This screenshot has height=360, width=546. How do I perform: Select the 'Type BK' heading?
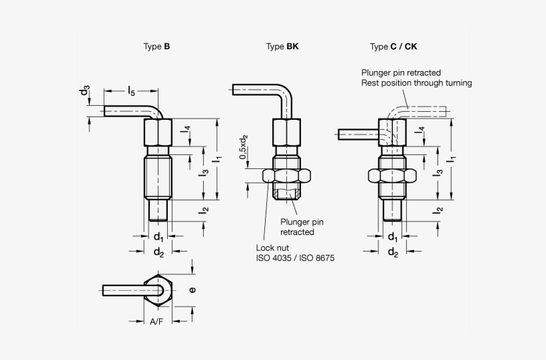point(282,47)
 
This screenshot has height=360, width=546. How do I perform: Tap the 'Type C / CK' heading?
point(394,47)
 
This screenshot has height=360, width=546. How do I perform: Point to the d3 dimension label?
point(85,92)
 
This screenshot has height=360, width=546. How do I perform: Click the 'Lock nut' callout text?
point(270,247)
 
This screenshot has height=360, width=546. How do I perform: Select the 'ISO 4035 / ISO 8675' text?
point(293,257)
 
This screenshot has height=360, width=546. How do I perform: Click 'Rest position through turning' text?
point(416,83)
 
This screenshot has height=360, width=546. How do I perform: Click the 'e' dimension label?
point(193,289)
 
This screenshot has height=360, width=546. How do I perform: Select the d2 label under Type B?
point(158,252)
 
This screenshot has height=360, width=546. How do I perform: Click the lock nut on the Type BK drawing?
point(287,176)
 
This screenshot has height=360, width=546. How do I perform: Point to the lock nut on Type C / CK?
point(392,176)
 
